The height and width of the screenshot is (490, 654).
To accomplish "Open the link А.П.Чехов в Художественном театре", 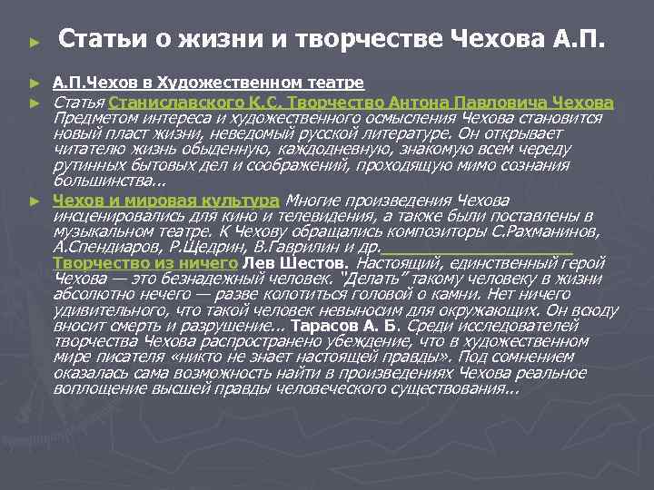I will [x=208, y=83].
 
